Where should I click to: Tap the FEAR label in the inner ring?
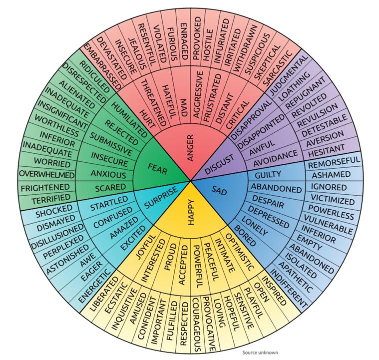(157, 169)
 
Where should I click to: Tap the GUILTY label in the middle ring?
(268, 175)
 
